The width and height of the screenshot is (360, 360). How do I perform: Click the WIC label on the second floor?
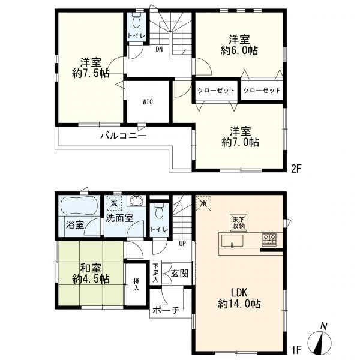click(x=148, y=102)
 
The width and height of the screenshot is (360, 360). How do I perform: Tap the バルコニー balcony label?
click(x=124, y=136)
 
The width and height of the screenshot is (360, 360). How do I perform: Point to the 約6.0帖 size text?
click(x=239, y=50)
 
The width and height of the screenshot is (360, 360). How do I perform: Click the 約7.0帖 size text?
click(x=241, y=142)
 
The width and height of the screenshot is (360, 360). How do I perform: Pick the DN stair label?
click(x=159, y=49)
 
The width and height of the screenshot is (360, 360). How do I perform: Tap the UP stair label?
click(x=182, y=244)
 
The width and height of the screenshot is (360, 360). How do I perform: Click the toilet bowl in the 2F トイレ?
click(x=137, y=21)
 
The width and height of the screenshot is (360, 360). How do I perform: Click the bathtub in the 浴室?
click(x=79, y=206)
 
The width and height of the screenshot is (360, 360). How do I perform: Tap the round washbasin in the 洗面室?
click(x=136, y=202)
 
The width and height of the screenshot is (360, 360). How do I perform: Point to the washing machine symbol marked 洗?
click(x=114, y=203)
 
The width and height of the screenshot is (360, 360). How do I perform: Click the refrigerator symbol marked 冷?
click(x=203, y=203)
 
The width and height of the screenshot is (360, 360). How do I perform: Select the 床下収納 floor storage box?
click(x=239, y=223)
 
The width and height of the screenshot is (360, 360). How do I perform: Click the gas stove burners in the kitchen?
click(x=269, y=240)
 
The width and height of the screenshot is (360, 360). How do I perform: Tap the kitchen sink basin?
click(x=232, y=241)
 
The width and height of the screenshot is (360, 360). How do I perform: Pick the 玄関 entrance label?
click(x=180, y=273)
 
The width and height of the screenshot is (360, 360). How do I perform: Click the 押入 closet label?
click(x=136, y=284)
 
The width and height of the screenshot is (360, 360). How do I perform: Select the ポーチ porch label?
click(x=166, y=310)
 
